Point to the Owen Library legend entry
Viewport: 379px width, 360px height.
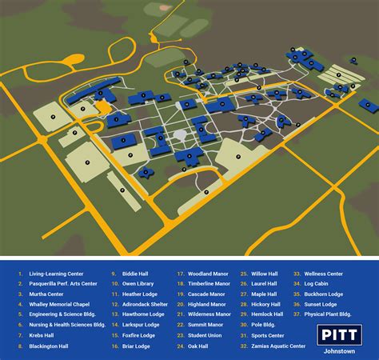pos(137,284)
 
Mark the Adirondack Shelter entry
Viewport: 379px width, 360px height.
pos(146,304)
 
